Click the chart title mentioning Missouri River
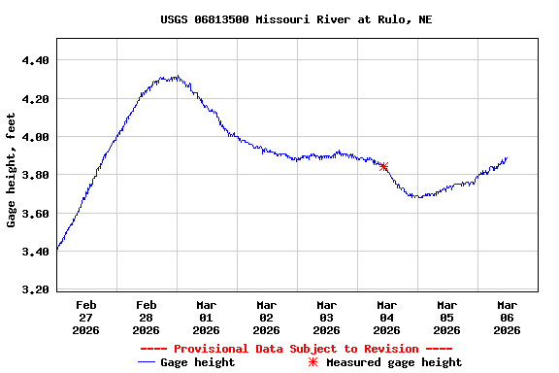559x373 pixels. [x=296, y=19]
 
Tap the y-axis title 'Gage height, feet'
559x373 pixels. [x=12, y=170]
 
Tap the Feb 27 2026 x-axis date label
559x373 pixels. [x=86, y=318]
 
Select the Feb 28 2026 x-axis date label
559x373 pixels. [x=147, y=318]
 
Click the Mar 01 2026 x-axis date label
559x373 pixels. [x=206, y=318]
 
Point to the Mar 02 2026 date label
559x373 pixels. [x=266, y=318]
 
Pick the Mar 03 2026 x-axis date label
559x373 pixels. [x=326, y=318]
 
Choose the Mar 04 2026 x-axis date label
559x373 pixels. [x=386, y=318]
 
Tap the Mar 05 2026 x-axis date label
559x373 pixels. [x=446, y=318]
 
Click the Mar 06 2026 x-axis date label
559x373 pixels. [x=507, y=318]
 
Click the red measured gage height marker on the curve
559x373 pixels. [x=384, y=166]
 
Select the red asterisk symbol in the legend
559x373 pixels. [x=312, y=362]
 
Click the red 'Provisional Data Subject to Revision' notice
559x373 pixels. [x=296, y=349]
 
